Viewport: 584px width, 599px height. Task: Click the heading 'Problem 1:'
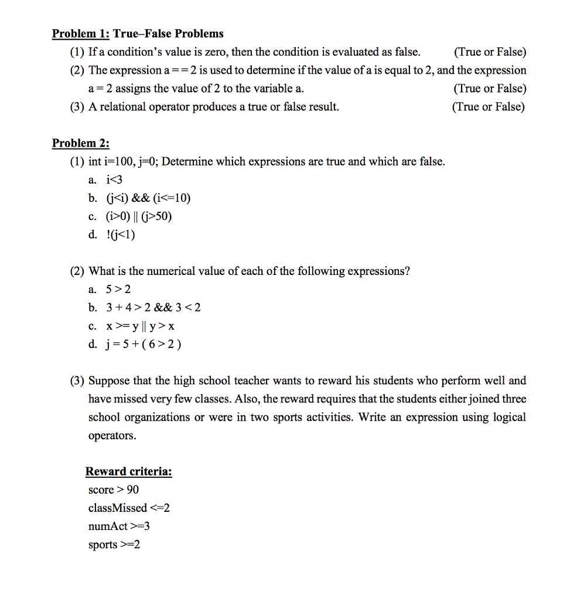81,33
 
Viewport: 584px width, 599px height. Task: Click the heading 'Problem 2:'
81,143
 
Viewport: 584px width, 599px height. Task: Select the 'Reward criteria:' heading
129,471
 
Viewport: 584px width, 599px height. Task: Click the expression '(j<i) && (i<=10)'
148,198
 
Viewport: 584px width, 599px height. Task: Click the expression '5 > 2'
118,290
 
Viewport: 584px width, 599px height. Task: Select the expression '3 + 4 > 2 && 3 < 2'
153,308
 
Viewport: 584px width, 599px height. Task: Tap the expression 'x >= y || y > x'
141,326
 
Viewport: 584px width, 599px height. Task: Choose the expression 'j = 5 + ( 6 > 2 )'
143,344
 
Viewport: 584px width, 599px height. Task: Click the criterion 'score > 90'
113,490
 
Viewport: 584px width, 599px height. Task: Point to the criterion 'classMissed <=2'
129,508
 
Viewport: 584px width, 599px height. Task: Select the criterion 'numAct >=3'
119,526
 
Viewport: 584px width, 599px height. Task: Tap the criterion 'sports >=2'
114,545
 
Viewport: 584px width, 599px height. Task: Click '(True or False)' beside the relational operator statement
489,106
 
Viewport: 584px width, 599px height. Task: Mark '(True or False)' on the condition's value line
490,52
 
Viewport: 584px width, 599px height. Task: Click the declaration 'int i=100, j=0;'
124,161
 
